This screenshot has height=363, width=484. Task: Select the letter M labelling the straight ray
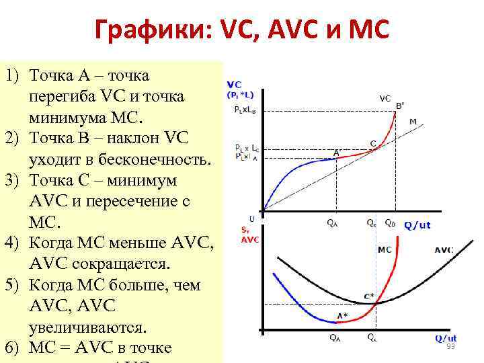coord(413,121)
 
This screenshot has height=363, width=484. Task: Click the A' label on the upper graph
coord(337,152)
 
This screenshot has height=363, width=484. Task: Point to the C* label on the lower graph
coord(369,296)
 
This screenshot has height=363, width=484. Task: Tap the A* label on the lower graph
coord(342,315)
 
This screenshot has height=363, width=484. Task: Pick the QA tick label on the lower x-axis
coord(334,338)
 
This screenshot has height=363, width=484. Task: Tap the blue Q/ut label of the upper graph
coord(417,225)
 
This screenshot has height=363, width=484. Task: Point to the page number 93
coord(450,346)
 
